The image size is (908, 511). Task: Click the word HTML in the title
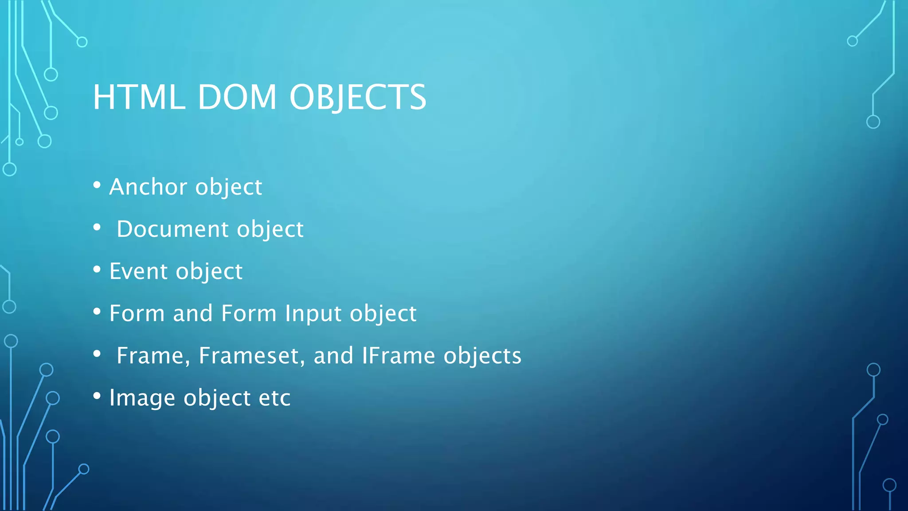(139, 97)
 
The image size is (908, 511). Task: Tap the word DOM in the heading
(237, 97)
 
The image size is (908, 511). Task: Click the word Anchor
(149, 187)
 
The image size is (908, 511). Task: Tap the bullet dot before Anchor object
(97, 185)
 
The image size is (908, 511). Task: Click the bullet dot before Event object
(97, 270)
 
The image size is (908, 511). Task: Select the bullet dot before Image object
(97, 396)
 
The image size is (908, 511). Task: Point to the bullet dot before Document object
(97, 228)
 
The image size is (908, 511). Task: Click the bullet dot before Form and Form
(97, 312)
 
